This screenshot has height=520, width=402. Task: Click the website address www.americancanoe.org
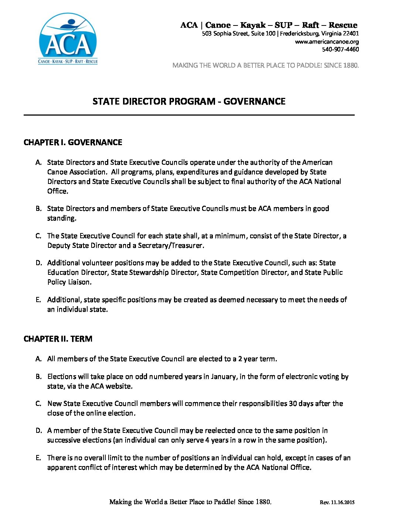pos(327,42)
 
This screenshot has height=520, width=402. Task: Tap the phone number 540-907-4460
pos(340,49)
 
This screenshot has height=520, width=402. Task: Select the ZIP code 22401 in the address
pos(351,34)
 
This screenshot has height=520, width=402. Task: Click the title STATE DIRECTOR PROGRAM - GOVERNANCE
pos(189,102)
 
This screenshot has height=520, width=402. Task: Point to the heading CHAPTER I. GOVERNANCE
pos(73,143)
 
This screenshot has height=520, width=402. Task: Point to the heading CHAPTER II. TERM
pos(58,339)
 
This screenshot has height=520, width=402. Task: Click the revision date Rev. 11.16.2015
pos(337,502)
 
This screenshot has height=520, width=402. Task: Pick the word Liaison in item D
pos(79,282)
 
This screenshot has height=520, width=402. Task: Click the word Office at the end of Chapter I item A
pos(57,191)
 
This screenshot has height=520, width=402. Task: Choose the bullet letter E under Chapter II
pos(38,458)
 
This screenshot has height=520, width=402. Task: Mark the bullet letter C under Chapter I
pos(38,236)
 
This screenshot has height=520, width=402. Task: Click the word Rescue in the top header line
pos(343,25)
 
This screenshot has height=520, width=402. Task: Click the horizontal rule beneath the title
pos(189,115)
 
